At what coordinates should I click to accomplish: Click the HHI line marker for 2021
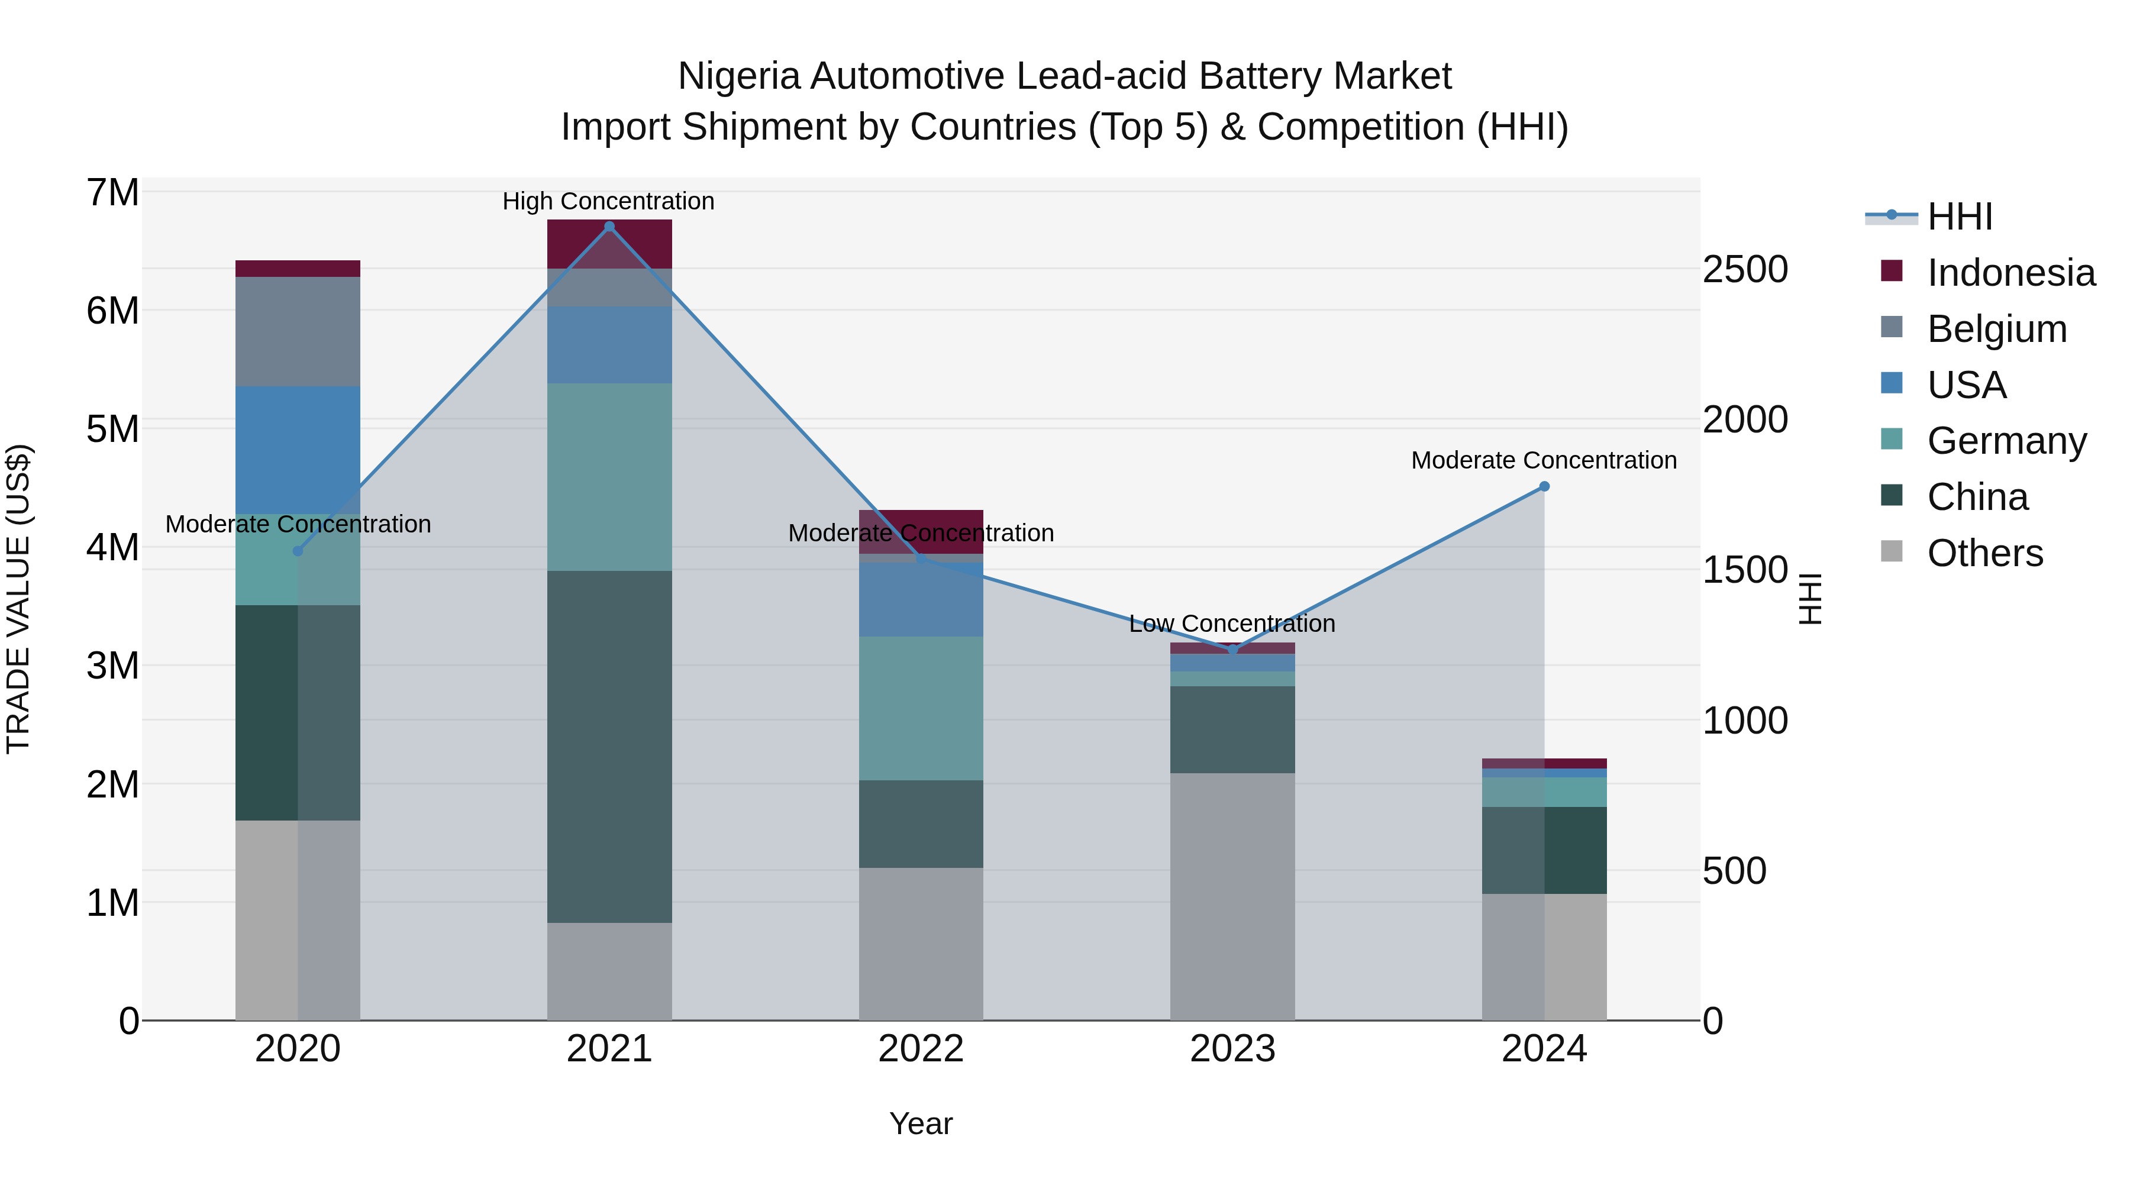pyautogui.click(x=609, y=227)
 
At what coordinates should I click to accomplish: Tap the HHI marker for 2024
pyautogui.click(x=1544, y=487)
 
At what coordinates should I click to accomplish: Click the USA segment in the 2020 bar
pyautogui.click(x=298, y=451)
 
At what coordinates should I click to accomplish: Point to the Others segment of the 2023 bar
pyautogui.click(x=1232, y=896)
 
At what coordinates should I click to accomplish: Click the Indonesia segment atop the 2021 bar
pyautogui.click(x=609, y=244)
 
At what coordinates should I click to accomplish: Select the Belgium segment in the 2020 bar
pyautogui.click(x=298, y=331)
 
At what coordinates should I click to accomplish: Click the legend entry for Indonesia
pyautogui.click(x=2010, y=273)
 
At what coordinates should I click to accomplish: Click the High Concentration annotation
pyautogui.click(x=609, y=202)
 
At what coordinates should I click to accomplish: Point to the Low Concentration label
pyautogui.click(x=1232, y=624)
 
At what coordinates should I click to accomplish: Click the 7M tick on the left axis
pyautogui.click(x=113, y=193)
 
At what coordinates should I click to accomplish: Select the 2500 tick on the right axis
pyautogui.click(x=1745, y=270)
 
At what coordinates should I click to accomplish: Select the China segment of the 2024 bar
pyautogui.click(x=1544, y=850)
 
